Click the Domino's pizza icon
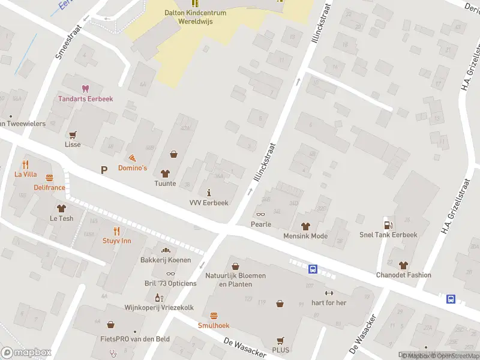(x=132, y=157)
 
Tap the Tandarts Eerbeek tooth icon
(x=85, y=88)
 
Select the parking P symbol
(x=104, y=170)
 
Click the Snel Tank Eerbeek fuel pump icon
(x=388, y=224)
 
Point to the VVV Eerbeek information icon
(x=209, y=193)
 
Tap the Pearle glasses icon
(x=261, y=214)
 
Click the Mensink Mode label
(x=305, y=236)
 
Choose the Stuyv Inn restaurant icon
(x=117, y=230)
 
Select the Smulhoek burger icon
(x=214, y=316)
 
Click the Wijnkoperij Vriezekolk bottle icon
(x=158, y=297)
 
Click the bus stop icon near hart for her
(x=313, y=269)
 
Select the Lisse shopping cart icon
(x=73, y=134)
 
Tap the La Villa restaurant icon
(x=26, y=164)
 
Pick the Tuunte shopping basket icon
(x=174, y=154)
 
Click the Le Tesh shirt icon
(x=61, y=208)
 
